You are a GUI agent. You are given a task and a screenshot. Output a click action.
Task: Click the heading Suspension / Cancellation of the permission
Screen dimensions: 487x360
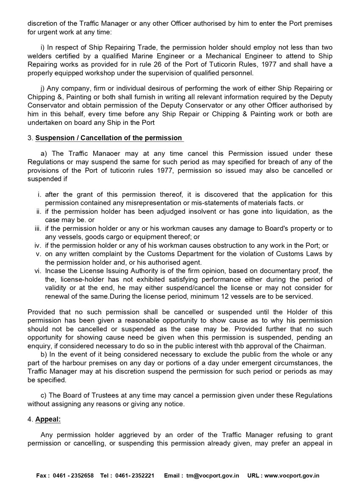pyautogui.click(x=109, y=138)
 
